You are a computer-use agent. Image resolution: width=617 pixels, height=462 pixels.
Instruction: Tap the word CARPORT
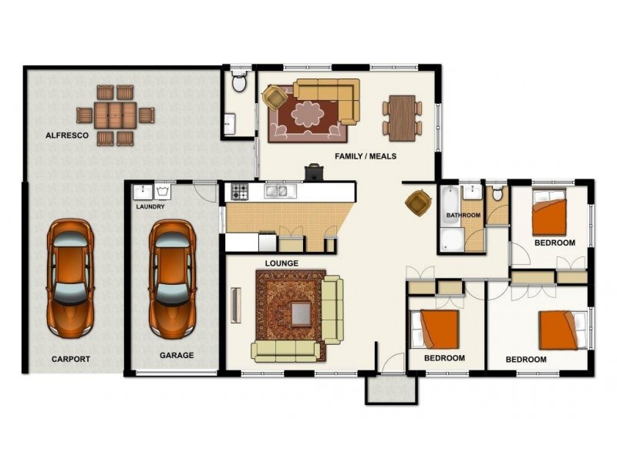pos(71,359)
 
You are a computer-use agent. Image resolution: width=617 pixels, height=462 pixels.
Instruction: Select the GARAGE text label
pos(177,356)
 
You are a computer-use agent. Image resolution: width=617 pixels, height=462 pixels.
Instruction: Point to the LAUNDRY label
pos(150,207)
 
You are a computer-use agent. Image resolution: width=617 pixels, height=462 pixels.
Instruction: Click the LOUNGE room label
pos(282,263)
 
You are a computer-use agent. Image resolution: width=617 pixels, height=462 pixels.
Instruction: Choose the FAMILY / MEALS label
pos(366,156)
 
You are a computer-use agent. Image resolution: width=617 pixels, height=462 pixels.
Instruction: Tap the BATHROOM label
pos(463,216)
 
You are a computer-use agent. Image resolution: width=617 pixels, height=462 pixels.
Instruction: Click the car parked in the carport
pos(70,279)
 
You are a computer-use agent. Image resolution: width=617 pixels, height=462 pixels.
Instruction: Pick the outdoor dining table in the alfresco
pos(116,115)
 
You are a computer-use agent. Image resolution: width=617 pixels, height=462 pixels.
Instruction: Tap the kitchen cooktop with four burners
pos(238,192)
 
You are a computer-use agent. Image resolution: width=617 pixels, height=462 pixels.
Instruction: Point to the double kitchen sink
pos(277,192)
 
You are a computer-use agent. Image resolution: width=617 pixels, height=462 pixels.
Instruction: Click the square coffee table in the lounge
pos(300,313)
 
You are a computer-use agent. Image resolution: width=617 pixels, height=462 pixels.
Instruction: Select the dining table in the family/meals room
pos(402,118)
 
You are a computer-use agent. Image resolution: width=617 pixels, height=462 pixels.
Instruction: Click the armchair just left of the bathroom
pos(417,203)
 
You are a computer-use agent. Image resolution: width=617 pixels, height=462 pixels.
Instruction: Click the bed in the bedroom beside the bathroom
pos(549,216)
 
